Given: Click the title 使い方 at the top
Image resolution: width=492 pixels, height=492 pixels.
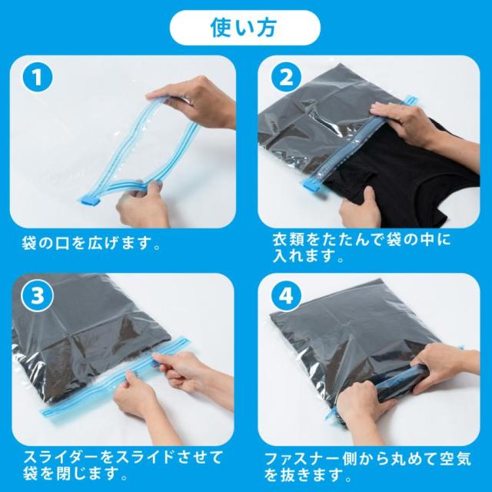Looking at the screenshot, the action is click(244, 28).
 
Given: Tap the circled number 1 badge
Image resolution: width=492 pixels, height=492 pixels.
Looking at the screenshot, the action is click(38, 77).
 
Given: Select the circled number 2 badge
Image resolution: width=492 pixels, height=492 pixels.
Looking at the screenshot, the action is click(286, 77).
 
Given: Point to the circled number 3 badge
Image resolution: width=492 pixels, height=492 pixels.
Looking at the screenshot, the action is click(38, 296).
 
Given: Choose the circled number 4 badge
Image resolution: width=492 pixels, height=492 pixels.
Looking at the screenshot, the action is click(286, 296).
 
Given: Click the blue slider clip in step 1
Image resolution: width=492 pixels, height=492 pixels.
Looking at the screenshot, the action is click(88, 200).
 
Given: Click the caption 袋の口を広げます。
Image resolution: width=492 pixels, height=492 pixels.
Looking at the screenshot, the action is click(91, 243).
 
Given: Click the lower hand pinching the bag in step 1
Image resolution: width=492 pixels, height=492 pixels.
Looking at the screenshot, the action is click(143, 203).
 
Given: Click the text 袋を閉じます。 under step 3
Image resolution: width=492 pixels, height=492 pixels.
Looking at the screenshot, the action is click(75, 474).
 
